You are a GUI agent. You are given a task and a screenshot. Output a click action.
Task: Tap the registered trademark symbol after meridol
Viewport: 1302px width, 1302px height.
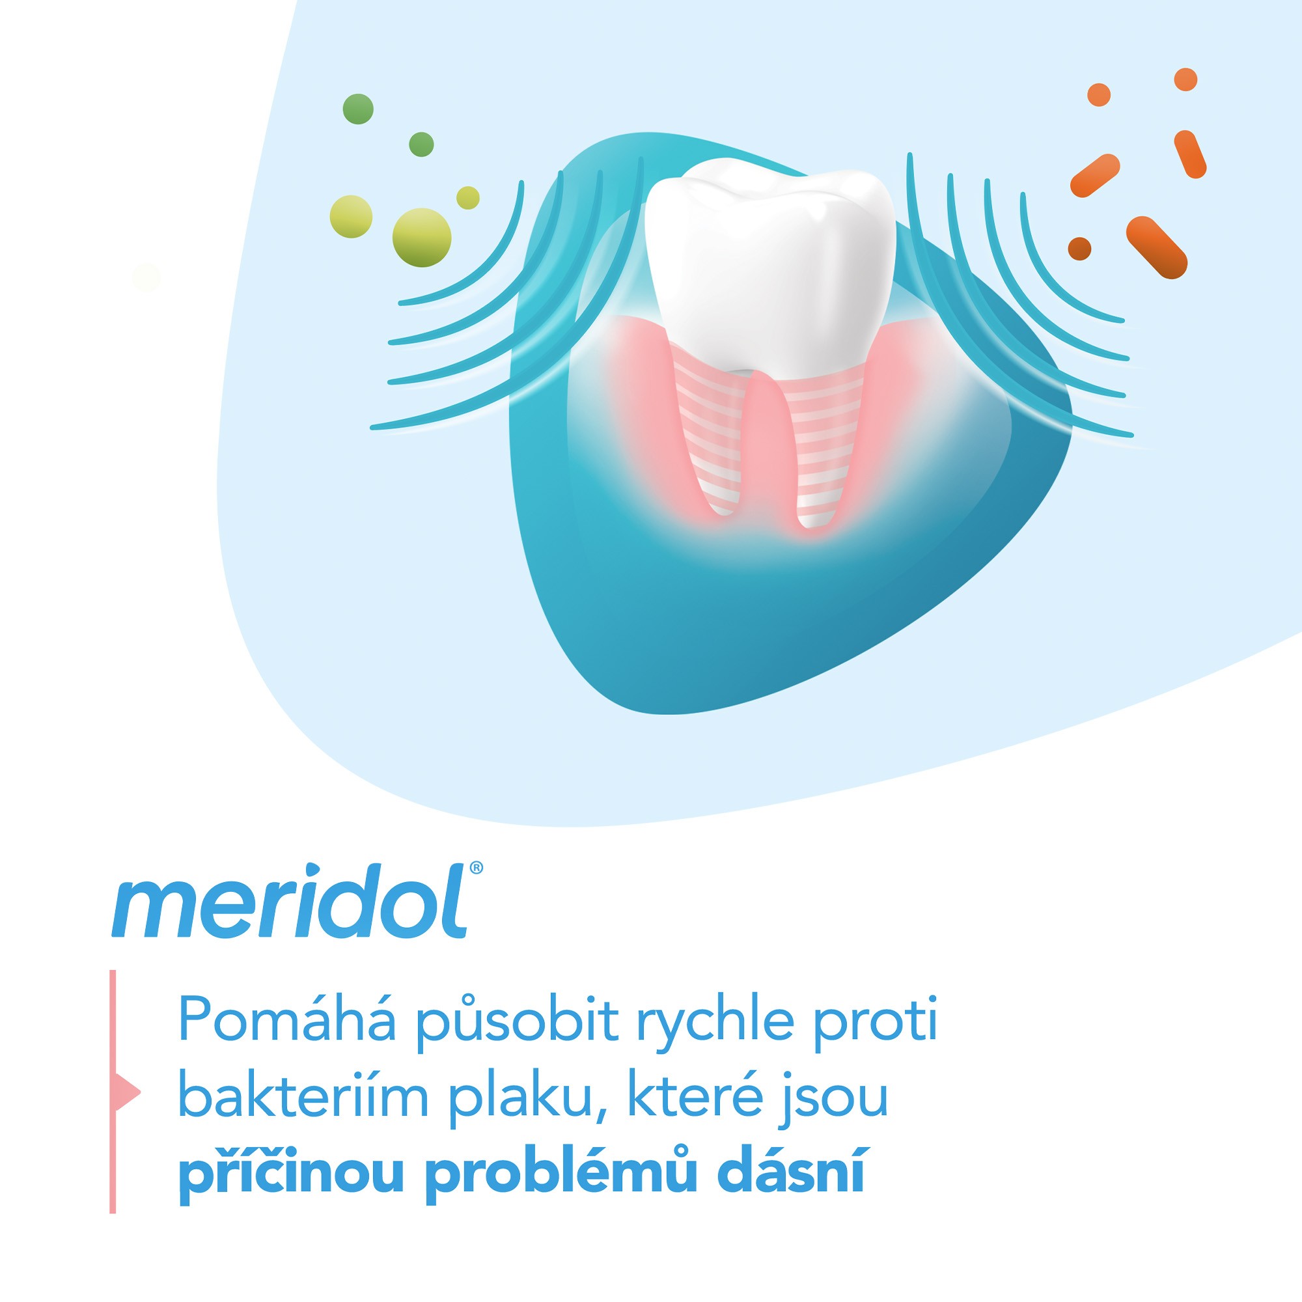(x=476, y=867)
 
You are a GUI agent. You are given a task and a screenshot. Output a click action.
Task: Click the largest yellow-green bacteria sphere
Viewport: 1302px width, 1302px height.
(x=422, y=237)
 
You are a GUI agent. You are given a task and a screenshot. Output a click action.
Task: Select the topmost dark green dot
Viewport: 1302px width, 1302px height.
(x=358, y=109)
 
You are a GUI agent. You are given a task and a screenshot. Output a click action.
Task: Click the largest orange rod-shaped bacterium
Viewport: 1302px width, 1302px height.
(x=1156, y=247)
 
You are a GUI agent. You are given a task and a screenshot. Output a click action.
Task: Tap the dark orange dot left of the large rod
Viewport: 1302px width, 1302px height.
(x=1079, y=248)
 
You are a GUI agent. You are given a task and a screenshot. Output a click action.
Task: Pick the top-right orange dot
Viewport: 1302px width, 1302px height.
(x=1185, y=79)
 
